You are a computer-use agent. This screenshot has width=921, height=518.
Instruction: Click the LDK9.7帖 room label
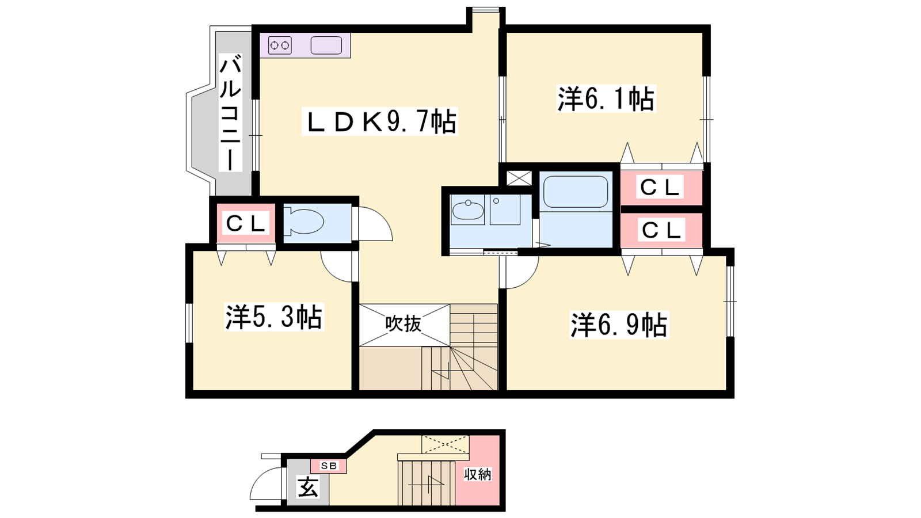pyautogui.click(x=379, y=121)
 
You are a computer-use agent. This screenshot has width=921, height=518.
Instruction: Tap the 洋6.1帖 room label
pyautogui.click(x=606, y=98)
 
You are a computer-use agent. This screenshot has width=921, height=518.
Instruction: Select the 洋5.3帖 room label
pyautogui.click(x=274, y=317)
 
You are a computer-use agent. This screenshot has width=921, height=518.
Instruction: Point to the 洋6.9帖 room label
pyautogui.click(x=619, y=325)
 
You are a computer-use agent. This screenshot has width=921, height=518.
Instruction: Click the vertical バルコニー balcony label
pyautogui.click(x=230, y=113)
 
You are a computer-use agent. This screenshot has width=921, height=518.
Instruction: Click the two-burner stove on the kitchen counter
pyautogui.click(x=280, y=45)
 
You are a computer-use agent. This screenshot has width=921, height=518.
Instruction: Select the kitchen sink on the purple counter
pyautogui.click(x=326, y=45)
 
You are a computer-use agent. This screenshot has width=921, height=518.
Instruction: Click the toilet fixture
pyautogui.click(x=305, y=222)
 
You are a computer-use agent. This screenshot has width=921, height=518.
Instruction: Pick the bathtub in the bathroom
pyautogui.click(x=576, y=192)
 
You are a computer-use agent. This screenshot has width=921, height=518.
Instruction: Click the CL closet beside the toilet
pyautogui.click(x=246, y=223)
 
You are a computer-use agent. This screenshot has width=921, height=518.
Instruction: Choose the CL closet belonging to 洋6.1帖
pyautogui.click(x=661, y=188)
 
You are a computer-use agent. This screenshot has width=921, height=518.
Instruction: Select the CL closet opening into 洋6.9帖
pyautogui.click(x=661, y=230)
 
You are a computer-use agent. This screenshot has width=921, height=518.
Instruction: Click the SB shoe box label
pyautogui.click(x=329, y=466)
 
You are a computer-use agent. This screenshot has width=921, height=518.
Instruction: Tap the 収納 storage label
pyautogui.click(x=478, y=474)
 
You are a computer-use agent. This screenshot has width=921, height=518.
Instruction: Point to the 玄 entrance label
pyautogui.click(x=309, y=487)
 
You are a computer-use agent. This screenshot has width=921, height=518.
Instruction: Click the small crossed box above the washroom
pyautogui.click(x=519, y=178)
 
